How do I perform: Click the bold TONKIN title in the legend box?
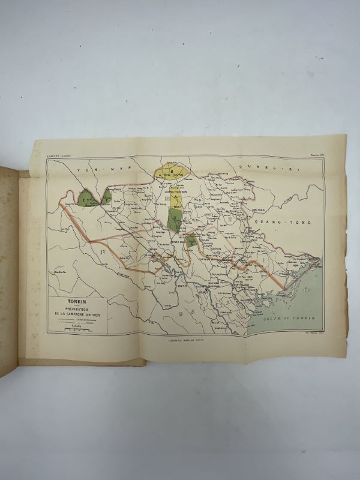pos(65,302)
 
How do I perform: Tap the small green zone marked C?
pos(191,241)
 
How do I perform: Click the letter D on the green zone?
pos(174,218)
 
